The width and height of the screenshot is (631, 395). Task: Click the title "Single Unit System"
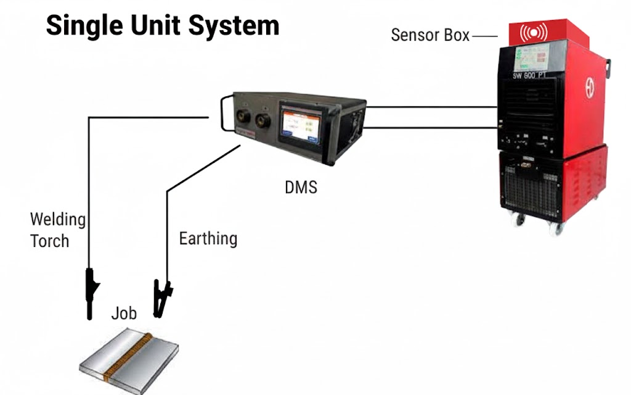click(x=163, y=26)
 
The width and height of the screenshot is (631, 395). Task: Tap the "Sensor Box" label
click(x=430, y=35)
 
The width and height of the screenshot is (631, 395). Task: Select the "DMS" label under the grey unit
click(x=301, y=186)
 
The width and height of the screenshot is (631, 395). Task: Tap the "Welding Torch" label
click(x=57, y=230)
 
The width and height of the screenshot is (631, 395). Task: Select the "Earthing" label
click(x=208, y=238)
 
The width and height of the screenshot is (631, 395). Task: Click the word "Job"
click(x=123, y=313)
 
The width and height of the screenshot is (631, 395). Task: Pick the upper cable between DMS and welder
click(x=431, y=107)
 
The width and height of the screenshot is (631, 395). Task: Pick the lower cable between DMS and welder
click(x=431, y=128)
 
